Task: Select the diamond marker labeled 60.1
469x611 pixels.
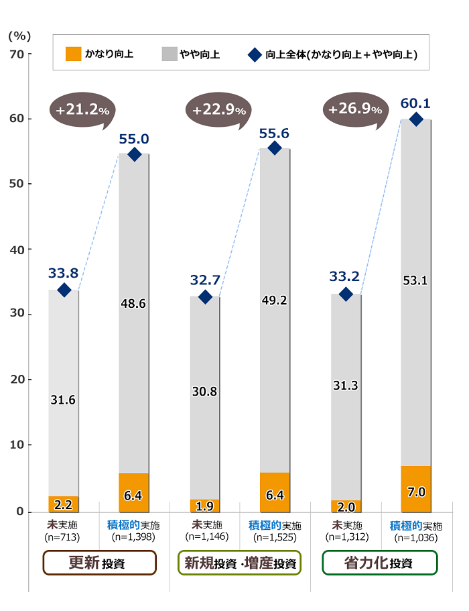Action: [x=415, y=119]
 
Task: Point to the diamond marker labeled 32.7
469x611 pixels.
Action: [x=205, y=296]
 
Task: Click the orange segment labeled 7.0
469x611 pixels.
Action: [x=416, y=492]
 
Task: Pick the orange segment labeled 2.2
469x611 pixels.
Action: [x=64, y=504]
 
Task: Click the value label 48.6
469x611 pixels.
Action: [x=134, y=303]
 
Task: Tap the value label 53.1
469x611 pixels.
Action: [x=415, y=280]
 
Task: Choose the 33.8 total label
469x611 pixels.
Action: [x=64, y=273]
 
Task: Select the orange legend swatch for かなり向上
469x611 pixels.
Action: [x=73, y=54]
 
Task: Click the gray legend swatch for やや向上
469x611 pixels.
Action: [x=168, y=54]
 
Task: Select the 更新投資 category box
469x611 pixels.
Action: [x=99, y=563]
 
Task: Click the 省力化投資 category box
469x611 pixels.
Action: [x=379, y=563]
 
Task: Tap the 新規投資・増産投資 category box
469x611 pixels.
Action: [x=239, y=563]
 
